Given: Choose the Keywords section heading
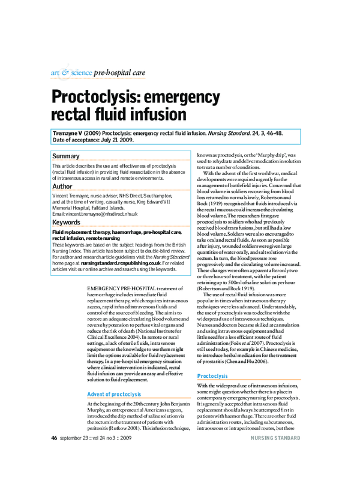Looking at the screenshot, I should click(x=67, y=223).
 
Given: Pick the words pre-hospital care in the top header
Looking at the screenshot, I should click(x=120, y=73).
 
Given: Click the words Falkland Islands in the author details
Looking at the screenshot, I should click(x=123, y=208).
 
